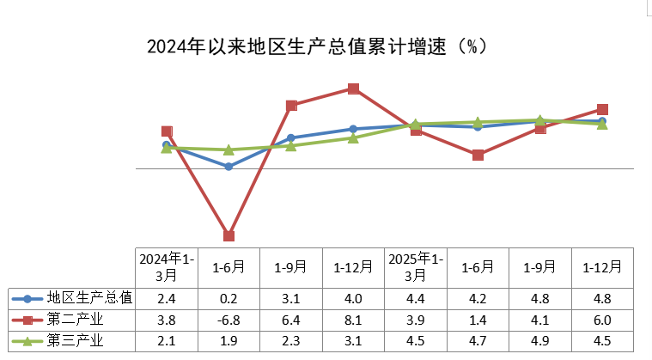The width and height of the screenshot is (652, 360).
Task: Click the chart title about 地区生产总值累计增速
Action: pos(318,46)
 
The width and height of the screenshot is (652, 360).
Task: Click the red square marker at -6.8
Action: pos(229,235)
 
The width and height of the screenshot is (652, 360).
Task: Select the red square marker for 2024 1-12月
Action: pos(353,88)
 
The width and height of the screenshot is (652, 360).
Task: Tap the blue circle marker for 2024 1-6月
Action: pos(229,167)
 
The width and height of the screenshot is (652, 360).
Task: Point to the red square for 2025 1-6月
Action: pos(478,155)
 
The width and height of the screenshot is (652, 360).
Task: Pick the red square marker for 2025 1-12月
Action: pos(602,109)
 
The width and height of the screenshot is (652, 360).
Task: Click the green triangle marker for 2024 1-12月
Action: pos(353,137)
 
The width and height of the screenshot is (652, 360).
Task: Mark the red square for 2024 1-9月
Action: pos(291,106)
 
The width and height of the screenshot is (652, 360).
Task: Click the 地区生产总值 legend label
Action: pos(89,298)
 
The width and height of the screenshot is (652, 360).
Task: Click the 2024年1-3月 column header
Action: pos(167,266)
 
